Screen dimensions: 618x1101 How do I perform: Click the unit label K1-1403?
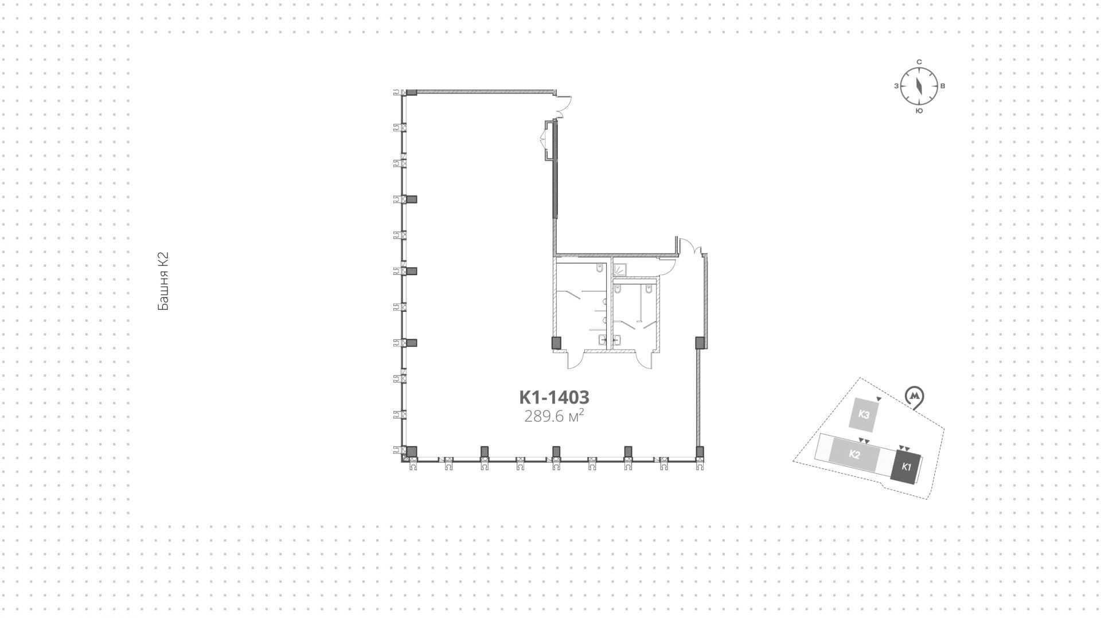[x=554, y=397]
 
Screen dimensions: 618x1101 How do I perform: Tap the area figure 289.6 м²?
[x=554, y=417]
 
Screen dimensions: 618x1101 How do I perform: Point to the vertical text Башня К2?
[x=163, y=281]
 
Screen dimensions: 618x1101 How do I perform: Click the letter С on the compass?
[x=919, y=62]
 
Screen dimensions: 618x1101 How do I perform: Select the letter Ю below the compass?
[x=919, y=111]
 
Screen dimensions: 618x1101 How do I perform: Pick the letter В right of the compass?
[x=943, y=87]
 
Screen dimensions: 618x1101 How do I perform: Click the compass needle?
[x=919, y=86]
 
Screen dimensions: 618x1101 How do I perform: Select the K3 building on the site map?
[x=864, y=414]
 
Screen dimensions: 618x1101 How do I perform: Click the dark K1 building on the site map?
[x=906, y=467]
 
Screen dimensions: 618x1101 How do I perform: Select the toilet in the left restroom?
[x=600, y=268]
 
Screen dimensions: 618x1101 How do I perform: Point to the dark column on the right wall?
[x=700, y=343]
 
